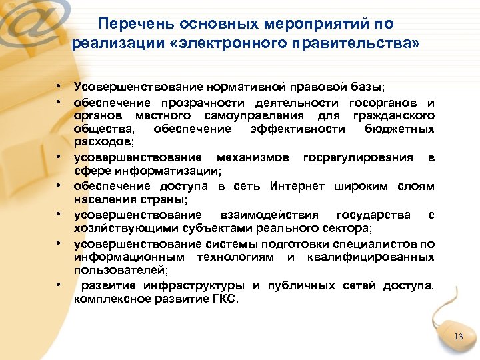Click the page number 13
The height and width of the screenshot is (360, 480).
coord(457,337)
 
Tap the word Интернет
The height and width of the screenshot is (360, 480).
coord(297,186)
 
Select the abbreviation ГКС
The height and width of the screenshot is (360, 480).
coord(225,299)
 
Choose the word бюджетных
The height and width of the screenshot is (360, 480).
coord(400,129)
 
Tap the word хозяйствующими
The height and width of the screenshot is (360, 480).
coord(114,227)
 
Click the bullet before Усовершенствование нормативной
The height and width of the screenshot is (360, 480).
coord(59,86)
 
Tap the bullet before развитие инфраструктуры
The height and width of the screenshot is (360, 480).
coord(59,285)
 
